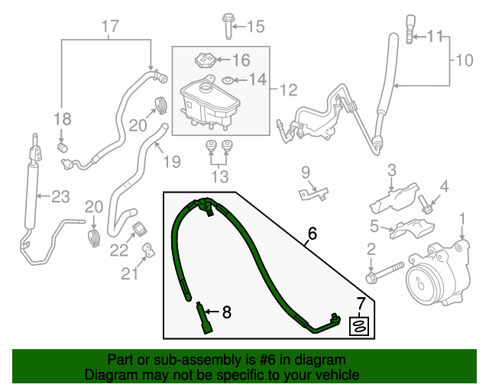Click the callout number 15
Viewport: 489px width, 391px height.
[x=254, y=27]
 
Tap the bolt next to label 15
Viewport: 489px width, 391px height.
[x=228, y=24]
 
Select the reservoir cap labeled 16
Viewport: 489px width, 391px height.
[x=205, y=60]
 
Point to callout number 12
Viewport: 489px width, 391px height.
[x=287, y=91]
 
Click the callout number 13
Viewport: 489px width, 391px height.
[x=220, y=177]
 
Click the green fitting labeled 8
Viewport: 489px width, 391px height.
[x=204, y=315]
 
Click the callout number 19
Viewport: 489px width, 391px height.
[x=170, y=161]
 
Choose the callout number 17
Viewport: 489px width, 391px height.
[x=110, y=27]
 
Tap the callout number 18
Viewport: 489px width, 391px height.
[x=62, y=118]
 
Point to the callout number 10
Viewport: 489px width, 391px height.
[x=465, y=59]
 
